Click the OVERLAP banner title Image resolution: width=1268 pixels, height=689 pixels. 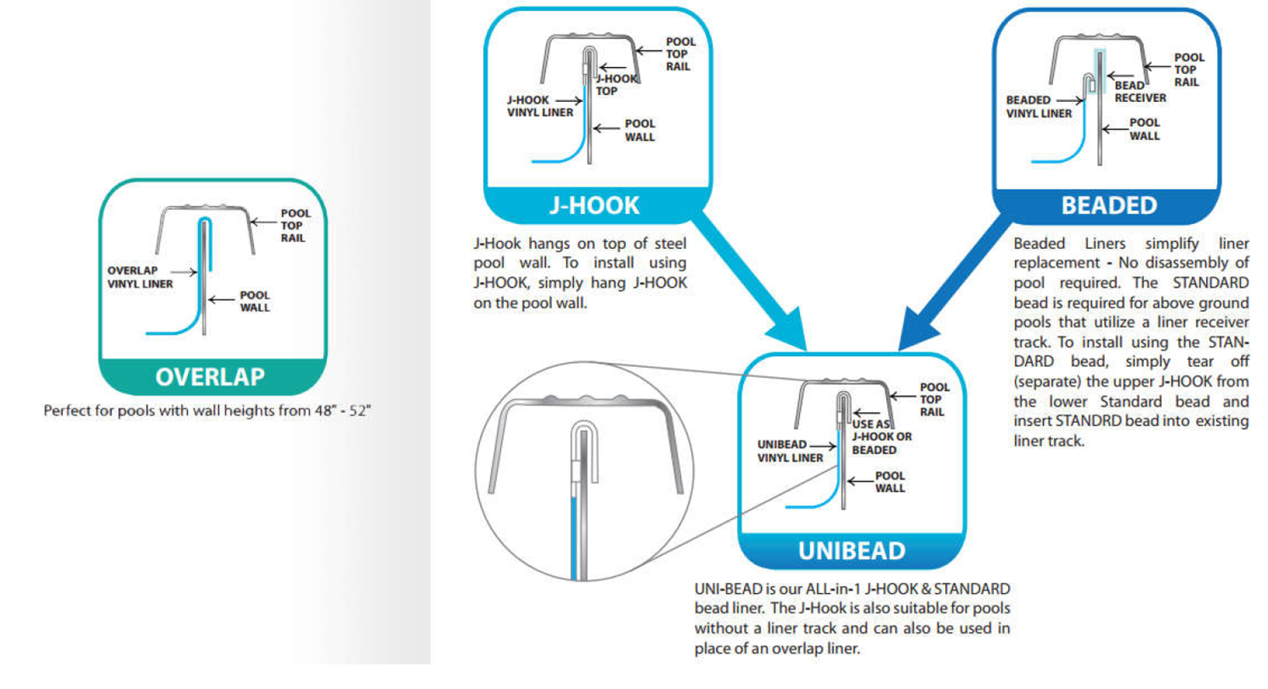211,376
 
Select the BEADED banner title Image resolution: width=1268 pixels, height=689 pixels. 1108,205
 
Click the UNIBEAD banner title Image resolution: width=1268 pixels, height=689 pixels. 852,550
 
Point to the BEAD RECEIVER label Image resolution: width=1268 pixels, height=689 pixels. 1141,92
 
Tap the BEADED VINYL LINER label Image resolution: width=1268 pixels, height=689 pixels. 1039,105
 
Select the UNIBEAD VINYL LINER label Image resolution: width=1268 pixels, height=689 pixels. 789,450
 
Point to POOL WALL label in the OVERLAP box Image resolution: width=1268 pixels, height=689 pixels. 254,301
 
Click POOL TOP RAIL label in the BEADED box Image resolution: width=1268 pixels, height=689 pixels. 1188,70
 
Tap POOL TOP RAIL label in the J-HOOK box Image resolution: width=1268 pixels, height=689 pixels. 680,54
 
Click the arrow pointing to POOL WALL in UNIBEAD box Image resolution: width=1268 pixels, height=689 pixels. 859,482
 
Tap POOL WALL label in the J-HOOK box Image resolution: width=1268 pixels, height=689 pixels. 640,130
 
